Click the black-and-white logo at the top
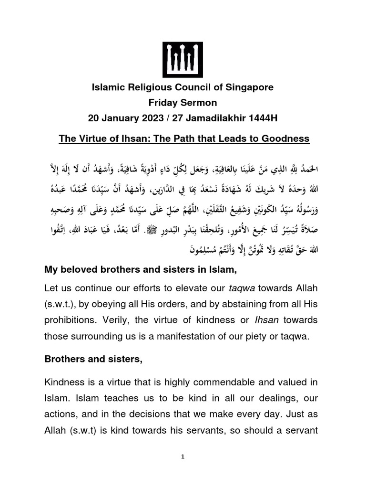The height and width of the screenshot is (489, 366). click(183, 60)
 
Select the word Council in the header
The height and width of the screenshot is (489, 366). click(191, 88)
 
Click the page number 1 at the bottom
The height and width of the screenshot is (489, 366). click(183, 457)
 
